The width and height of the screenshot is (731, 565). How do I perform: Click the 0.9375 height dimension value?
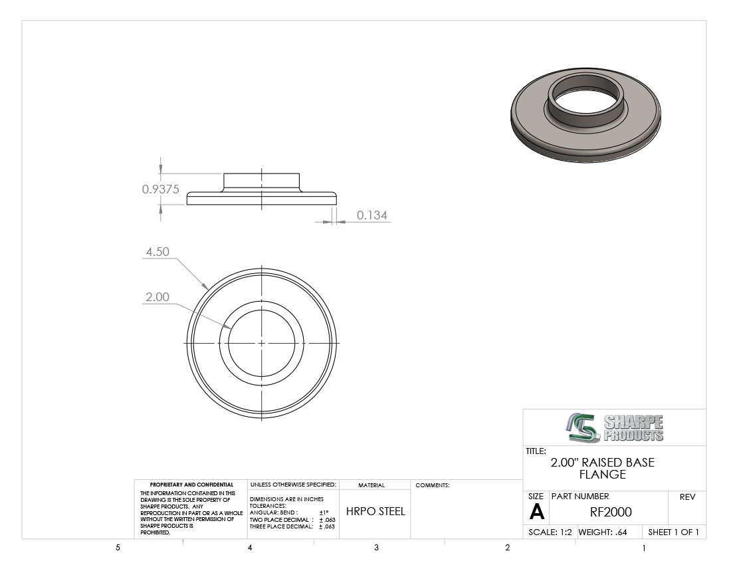[160, 189]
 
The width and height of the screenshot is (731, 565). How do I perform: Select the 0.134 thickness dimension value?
[372, 215]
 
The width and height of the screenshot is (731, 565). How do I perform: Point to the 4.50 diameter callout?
[157, 252]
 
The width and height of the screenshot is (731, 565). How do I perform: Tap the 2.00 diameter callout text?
[157, 297]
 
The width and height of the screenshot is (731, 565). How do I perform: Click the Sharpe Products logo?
[615, 427]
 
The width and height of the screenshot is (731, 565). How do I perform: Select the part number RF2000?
[611, 512]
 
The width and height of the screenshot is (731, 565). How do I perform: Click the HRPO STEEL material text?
[375, 511]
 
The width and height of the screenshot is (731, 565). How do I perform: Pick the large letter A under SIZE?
[537, 512]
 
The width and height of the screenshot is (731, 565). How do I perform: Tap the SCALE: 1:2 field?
[550, 532]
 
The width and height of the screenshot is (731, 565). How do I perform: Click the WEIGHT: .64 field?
[603, 532]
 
